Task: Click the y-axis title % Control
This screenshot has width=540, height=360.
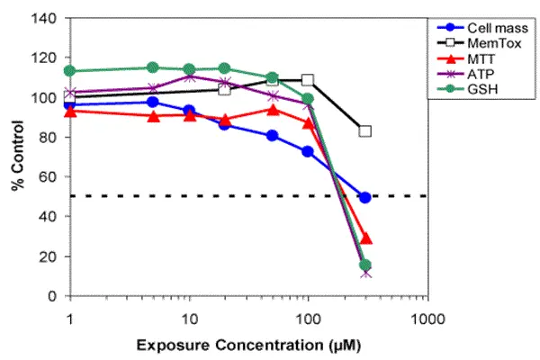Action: tap(16, 158)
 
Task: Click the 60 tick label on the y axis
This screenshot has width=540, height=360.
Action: tap(48, 177)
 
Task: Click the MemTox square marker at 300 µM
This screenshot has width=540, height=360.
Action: tap(365, 131)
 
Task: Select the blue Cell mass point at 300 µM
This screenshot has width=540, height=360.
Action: tap(365, 197)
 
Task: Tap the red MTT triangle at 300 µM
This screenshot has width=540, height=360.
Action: tap(366, 238)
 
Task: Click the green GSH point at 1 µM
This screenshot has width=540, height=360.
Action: tap(69, 71)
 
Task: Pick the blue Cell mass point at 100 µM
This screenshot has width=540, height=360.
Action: tap(309, 152)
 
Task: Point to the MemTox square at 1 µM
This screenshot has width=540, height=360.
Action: tap(69, 96)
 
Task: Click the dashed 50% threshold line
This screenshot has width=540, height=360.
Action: tap(225, 196)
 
